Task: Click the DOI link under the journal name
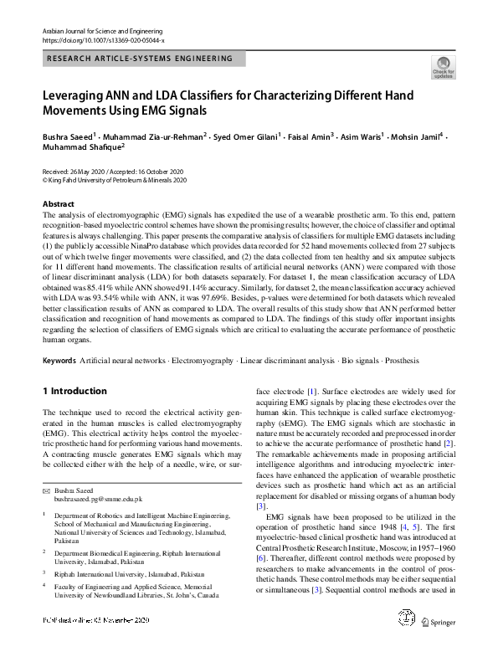tap(103, 39)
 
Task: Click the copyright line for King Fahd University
tap(114, 179)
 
